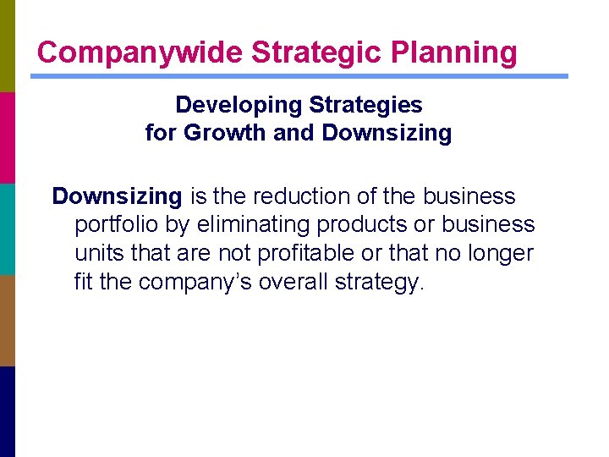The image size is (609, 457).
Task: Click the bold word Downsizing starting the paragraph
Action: [117, 196]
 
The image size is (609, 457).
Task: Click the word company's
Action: [182, 280]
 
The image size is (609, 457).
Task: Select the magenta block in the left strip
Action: [8, 137]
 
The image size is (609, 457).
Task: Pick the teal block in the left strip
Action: [8, 228]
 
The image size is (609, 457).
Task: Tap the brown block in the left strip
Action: [8, 320]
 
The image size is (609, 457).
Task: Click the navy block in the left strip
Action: [8, 411]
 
